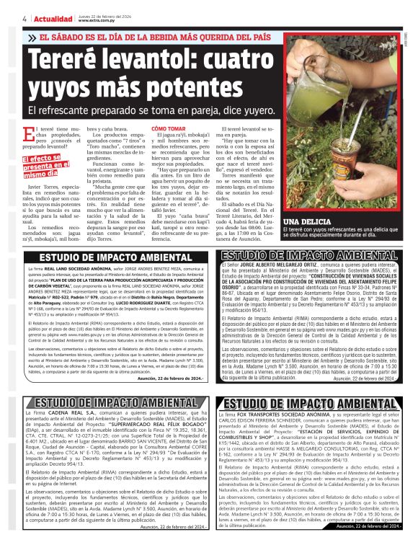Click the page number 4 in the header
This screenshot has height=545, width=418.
pyautogui.click(x=25, y=19)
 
